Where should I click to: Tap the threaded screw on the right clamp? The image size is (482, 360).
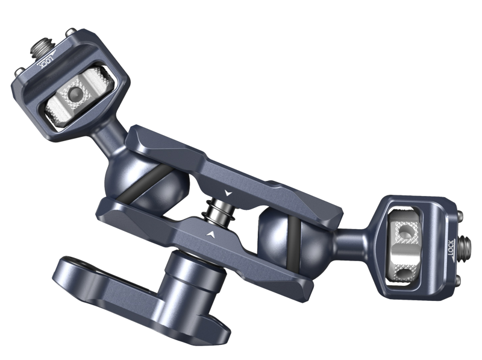[466, 247]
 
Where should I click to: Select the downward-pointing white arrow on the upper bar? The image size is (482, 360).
[227, 192]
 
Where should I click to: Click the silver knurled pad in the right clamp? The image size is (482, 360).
[401, 241]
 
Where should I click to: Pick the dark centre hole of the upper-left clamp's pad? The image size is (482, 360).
[74, 95]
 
